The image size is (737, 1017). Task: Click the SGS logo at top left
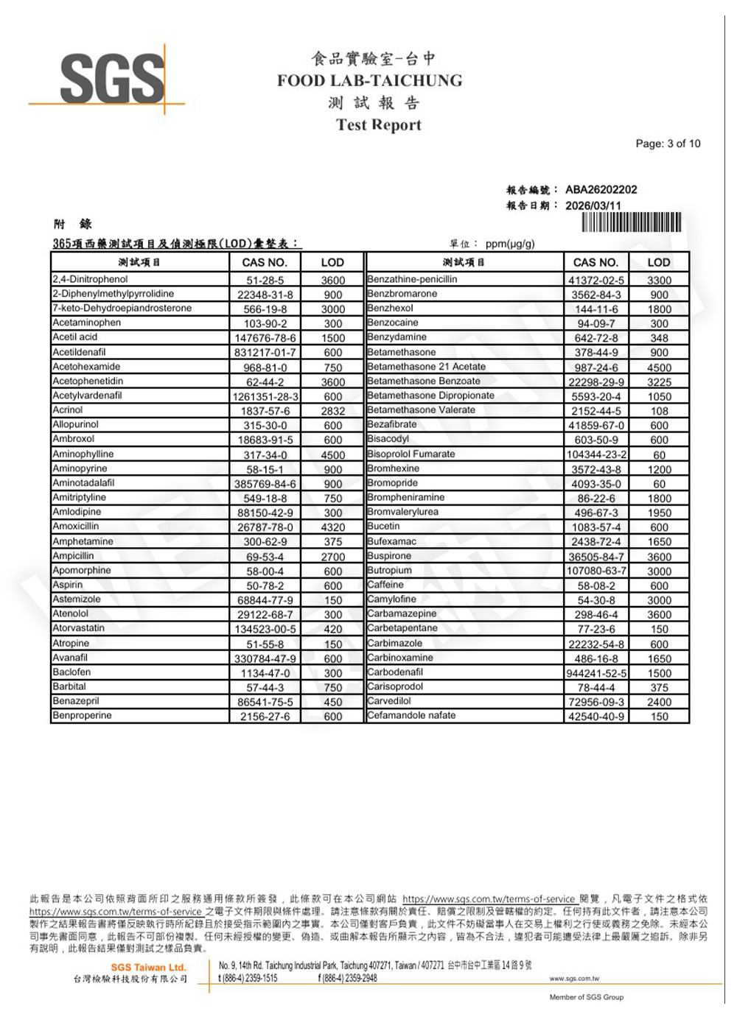[112, 78]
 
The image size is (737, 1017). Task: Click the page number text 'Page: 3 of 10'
[668, 144]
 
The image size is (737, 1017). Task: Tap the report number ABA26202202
[601, 189]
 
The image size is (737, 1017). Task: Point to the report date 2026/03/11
[593, 205]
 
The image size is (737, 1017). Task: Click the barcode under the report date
[631, 222]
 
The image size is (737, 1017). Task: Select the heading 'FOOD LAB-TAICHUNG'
[369, 81]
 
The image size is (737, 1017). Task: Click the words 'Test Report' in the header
[378, 124]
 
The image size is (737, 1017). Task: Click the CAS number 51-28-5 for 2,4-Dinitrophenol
[265, 280]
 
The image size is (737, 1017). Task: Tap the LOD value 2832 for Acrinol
[332, 411]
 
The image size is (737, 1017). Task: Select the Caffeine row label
[385, 585]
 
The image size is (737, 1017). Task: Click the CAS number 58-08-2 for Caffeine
[595, 585]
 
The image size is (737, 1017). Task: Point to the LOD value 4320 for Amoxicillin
[332, 527]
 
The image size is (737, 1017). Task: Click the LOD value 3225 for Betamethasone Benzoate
[659, 382]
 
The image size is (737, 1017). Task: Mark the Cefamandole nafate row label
[411, 715]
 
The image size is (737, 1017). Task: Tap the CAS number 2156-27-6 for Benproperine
[265, 717]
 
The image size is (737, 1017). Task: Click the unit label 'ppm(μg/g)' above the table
[510, 244]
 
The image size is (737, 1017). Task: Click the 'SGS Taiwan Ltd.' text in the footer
[148, 967]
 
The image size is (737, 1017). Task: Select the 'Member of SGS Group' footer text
[586, 997]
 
